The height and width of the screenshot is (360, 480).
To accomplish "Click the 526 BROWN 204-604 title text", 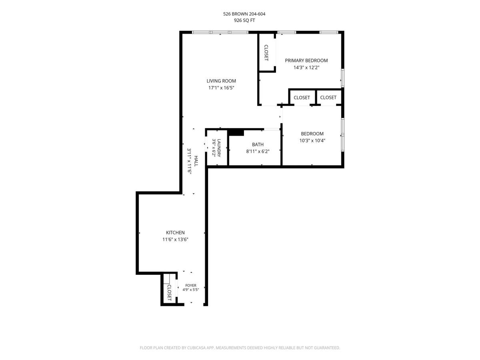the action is [244, 14].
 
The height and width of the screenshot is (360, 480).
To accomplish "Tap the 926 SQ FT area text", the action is [244, 20].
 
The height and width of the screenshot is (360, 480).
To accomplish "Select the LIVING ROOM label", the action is [221, 81].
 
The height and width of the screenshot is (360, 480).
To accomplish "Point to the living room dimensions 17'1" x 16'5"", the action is [221, 88].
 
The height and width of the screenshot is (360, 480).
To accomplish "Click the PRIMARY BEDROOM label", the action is [306, 60].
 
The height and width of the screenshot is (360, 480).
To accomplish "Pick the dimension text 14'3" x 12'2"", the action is [306, 68].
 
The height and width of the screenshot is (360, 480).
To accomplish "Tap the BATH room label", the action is [258, 144].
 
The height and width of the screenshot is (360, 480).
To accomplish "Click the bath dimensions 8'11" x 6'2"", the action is [258, 151].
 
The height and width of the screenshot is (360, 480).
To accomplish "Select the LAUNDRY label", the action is [219, 148].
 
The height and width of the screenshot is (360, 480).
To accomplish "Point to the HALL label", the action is [196, 161].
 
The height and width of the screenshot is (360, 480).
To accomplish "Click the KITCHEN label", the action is [175, 232].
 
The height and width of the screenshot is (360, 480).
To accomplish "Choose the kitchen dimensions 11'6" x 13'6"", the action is [175, 240].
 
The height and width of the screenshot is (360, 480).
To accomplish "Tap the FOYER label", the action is [191, 286].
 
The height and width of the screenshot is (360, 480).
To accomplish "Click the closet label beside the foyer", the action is [169, 292].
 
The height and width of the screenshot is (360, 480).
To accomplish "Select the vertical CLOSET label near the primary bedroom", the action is [266, 53].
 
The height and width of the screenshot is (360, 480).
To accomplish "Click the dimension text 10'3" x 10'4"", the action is [312, 140].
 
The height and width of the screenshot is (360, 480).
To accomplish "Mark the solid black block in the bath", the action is [236, 133].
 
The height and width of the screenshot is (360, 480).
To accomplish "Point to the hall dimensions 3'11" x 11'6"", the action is [189, 161].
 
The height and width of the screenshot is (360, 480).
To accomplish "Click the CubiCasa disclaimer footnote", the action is [240, 348].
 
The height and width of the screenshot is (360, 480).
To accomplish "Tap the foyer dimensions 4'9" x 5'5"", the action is [191, 290].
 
